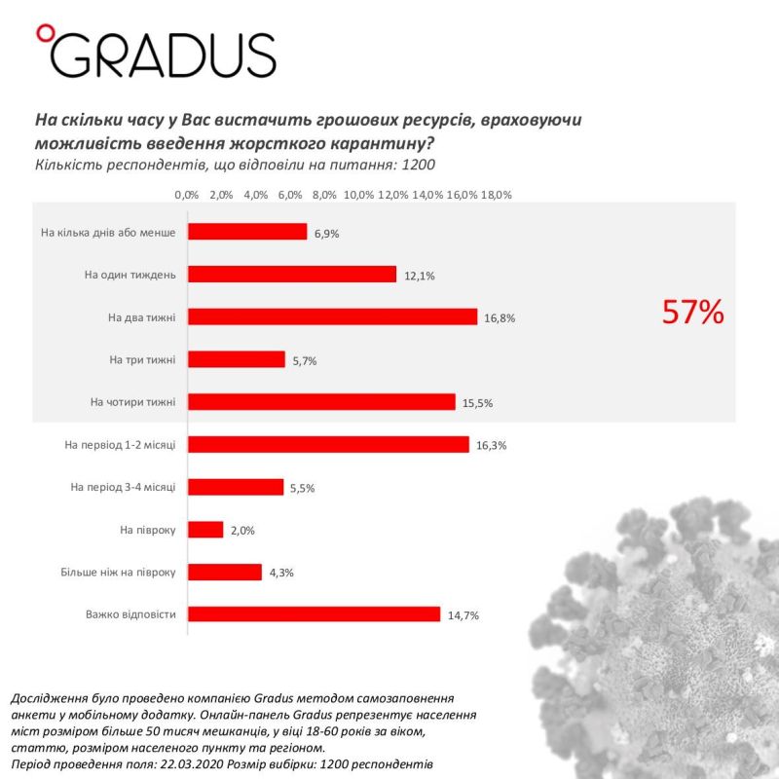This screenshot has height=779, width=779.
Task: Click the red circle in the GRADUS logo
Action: [42, 34]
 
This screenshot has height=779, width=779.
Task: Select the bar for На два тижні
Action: [332, 316]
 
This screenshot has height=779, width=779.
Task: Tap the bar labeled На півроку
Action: [205, 529]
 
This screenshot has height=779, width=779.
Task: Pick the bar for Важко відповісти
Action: [314, 613]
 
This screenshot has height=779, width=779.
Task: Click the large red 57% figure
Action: [692, 312]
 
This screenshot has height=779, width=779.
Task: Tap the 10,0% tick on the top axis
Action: [358, 195]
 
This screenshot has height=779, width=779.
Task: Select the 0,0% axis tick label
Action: [187, 195]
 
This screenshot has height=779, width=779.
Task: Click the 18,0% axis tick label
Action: [496, 195]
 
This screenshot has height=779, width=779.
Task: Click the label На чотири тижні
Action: [132, 401]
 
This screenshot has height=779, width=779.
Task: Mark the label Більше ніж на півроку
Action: [118, 572]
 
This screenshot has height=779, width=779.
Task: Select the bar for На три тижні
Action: [236, 359]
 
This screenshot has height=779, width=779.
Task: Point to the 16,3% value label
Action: [493, 445]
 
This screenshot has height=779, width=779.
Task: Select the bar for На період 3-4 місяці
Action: [235, 486]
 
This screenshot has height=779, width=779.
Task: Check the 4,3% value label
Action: [281, 573]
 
